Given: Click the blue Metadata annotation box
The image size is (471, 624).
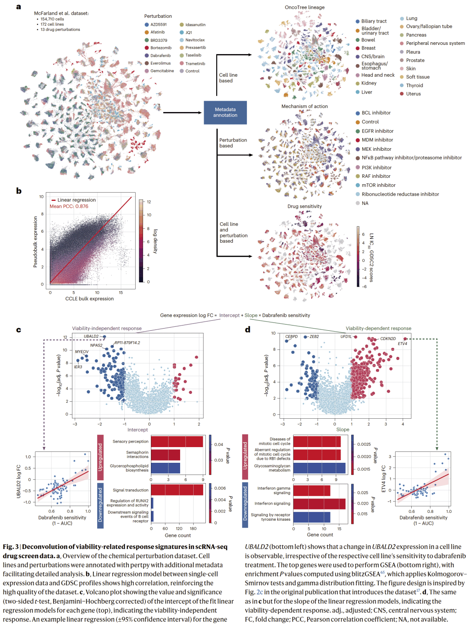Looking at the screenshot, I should (225, 112).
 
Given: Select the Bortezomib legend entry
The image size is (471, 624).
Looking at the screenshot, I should (160, 48).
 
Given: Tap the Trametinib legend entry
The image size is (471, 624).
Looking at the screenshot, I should (195, 64).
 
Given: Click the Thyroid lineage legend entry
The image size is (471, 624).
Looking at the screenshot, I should (414, 85).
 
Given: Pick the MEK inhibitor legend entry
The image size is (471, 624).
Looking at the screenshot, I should (376, 149).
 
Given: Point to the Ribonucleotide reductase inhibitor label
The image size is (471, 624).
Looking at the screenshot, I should (400, 194).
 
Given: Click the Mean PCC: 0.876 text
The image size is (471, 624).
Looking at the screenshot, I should (69, 207).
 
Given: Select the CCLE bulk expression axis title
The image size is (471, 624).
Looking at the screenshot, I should (89, 298).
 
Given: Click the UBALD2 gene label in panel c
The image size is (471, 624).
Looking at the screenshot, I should (91, 336).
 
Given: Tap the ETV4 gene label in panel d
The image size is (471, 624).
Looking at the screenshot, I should (402, 344).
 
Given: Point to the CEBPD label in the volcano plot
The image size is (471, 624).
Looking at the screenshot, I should (291, 336).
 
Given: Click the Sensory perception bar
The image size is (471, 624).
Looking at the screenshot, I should (177, 441).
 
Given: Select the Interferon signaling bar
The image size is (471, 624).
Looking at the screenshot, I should (319, 504).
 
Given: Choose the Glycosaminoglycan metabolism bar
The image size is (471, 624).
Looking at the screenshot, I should (319, 468).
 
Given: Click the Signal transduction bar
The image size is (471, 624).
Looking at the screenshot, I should (177, 490).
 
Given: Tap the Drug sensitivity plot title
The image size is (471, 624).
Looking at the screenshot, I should (304, 207).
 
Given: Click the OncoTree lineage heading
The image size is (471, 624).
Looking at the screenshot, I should (304, 7).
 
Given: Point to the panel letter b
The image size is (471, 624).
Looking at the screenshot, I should (19, 191).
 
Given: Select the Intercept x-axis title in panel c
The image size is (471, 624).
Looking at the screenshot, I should (137, 430).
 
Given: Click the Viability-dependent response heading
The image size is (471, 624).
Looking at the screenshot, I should (378, 329).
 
